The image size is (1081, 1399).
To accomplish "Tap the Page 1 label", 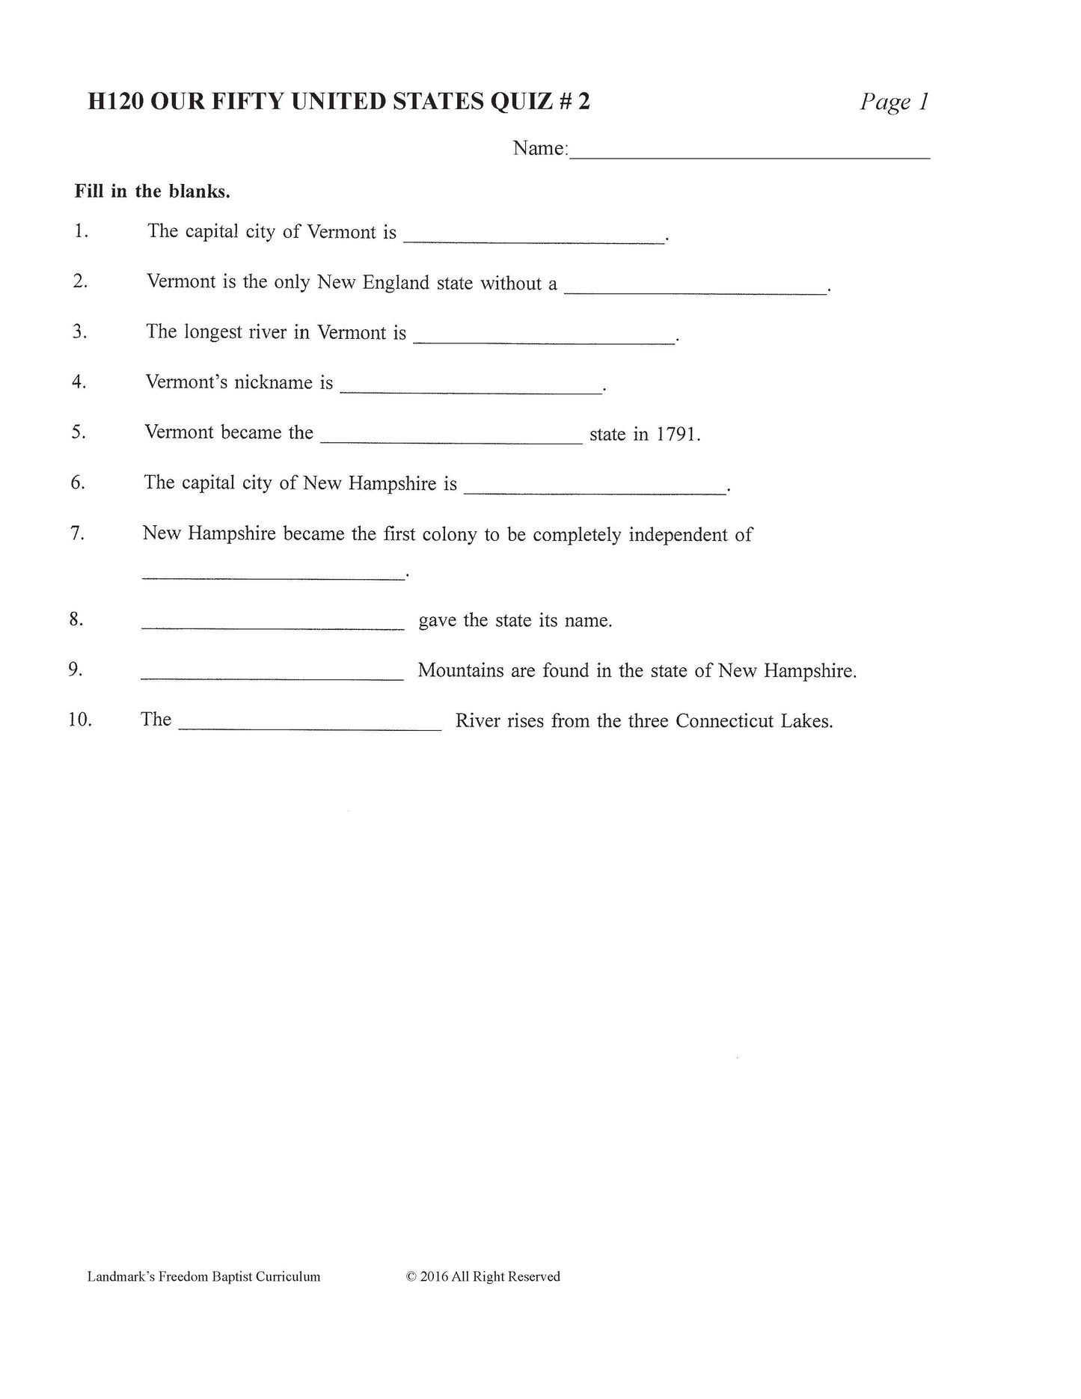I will point(894,101).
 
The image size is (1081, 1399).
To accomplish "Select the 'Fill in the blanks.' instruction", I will point(152,192).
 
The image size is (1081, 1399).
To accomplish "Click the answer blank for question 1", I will point(533,239).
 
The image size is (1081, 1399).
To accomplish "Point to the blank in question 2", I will point(695,291).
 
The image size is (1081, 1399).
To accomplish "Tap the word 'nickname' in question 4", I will point(273,382).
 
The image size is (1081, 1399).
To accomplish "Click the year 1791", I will point(676,434).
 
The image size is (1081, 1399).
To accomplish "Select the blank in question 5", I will point(451,441).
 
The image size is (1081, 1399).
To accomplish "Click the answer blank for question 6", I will point(595,491).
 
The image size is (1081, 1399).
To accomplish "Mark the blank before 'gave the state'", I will point(273,627).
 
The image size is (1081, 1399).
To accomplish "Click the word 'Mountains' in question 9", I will point(461,670).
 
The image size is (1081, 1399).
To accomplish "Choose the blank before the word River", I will point(310,726).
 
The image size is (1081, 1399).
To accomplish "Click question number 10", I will point(79,720).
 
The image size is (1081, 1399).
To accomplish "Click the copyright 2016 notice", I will point(483,1277).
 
